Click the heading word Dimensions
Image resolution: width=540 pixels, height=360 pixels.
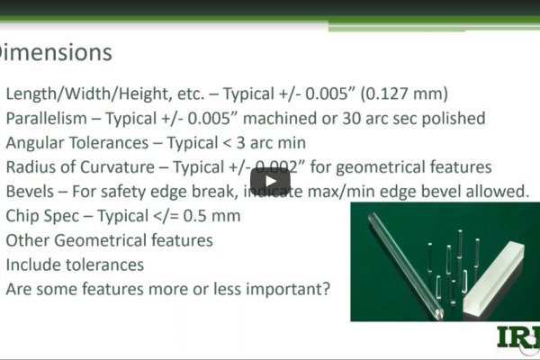point(55,53)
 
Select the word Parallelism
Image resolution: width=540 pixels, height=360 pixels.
point(49,118)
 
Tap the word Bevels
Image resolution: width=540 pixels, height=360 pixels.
point(31,192)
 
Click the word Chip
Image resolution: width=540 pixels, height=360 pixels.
point(24,216)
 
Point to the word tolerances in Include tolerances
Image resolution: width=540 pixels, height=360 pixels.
point(106,265)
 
